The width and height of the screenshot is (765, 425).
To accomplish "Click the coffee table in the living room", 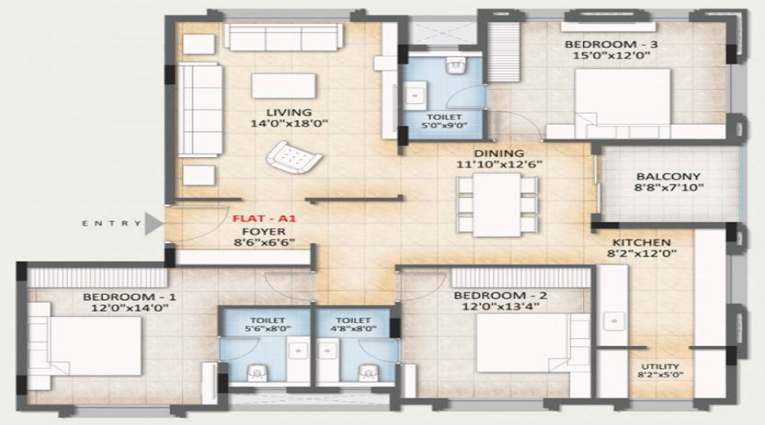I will (x=283, y=88).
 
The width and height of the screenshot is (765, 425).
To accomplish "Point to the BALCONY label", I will (x=667, y=178).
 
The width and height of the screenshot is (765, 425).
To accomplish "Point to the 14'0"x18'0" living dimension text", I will (x=288, y=124).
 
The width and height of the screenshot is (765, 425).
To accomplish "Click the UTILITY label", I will (x=660, y=368).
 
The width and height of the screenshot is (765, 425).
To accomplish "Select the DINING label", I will (x=498, y=153).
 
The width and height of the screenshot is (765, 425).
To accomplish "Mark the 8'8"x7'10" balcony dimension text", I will (x=667, y=190).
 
